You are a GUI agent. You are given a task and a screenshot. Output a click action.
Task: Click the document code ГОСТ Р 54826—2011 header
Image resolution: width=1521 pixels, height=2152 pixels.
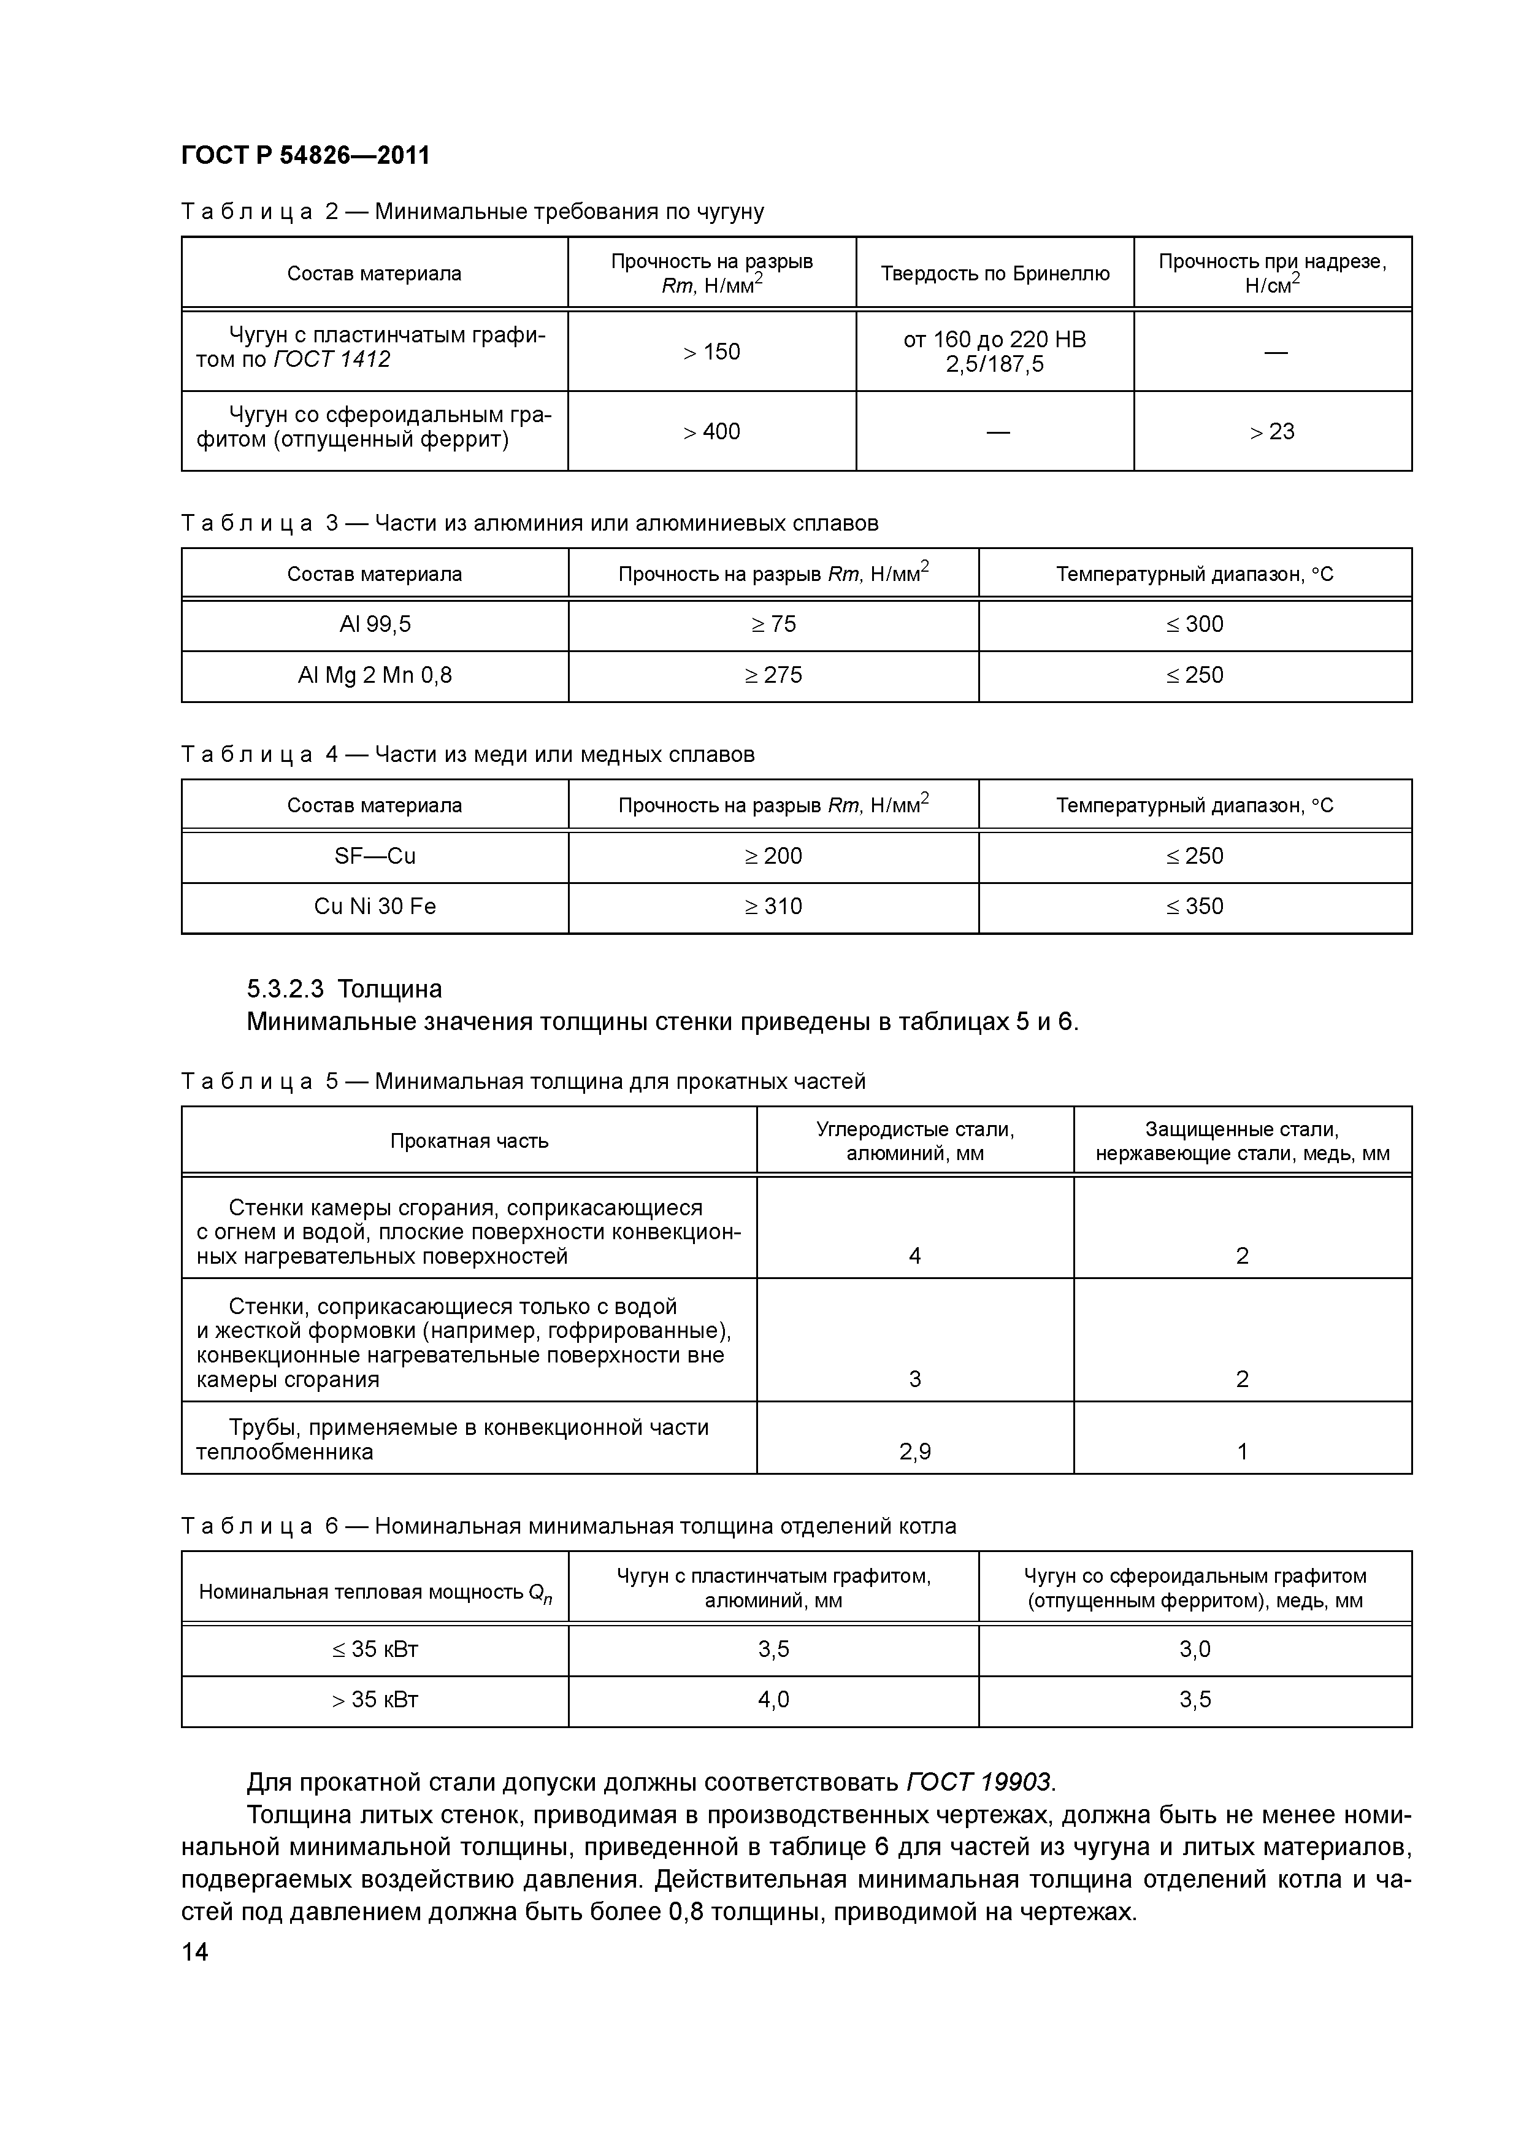pyautogui.click(x=305, y=156)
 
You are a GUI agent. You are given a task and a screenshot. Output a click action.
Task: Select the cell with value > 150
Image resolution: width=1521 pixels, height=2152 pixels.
pyautogui.click(x=711, y=352)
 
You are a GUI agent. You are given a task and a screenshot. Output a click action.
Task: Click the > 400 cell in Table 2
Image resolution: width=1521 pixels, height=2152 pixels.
pyautogui.click(x=711, y=432)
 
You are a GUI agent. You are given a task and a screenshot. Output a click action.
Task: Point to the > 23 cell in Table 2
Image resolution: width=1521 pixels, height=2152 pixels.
pyautogui.click(x=1272, y=432)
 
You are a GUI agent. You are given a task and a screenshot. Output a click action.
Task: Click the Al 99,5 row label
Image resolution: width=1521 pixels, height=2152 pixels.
pyautogui.click(x=375, y=624)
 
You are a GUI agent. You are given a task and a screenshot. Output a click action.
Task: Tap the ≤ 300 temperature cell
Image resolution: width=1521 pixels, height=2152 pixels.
pyautogui.click(x=1195, y=624)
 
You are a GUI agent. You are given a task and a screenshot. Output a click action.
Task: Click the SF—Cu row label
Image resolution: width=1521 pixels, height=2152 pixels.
pyautogui.click(x=375, y=856)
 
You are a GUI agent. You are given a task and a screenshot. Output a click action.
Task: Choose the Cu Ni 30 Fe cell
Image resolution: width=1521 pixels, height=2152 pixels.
pyautogui.click(x=375, y=906)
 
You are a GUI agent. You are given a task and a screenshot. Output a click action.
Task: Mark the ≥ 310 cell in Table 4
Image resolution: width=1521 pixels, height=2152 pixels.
pyautogui.click(x=773, y=906)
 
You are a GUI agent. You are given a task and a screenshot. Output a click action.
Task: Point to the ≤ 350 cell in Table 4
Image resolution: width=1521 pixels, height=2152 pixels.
pyautogui.click(x=1195, y=906)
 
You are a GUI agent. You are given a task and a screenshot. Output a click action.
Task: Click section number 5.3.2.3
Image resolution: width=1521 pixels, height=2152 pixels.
pyautogui.click(x=285, y=990)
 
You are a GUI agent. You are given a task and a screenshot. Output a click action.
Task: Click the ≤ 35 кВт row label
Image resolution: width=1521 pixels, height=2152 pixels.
pyautogui.click(x=375, y=1650)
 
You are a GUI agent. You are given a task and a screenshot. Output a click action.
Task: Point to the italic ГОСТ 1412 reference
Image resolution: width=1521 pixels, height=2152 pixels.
pyautogui.click(x=332, y=360)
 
